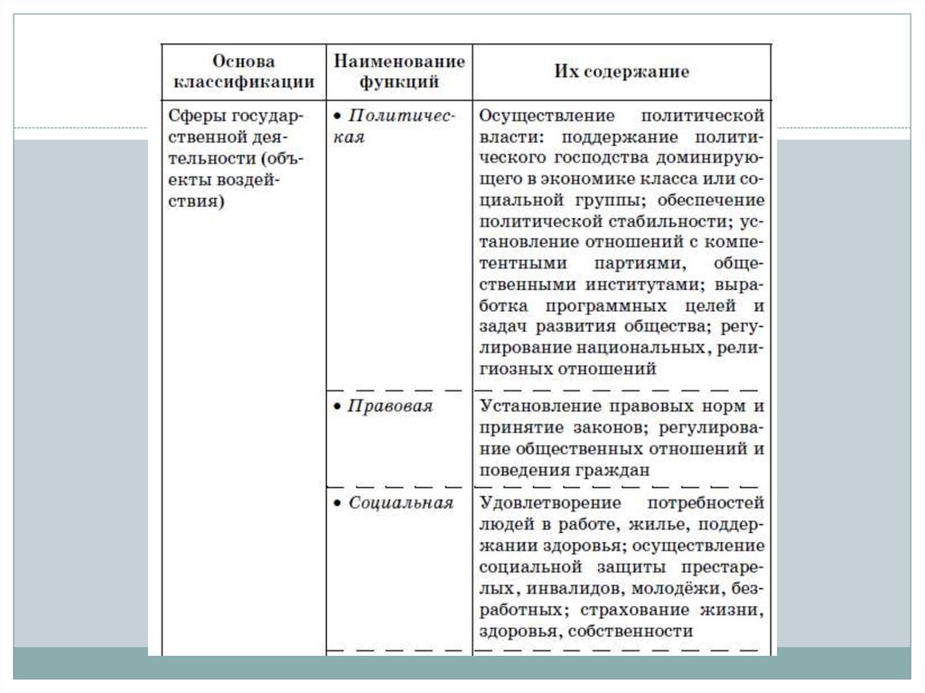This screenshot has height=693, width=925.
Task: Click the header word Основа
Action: point(244,61)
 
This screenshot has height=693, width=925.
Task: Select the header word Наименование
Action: point(399,61)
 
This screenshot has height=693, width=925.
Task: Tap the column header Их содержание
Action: point(621,71)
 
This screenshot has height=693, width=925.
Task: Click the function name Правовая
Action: point(390,407)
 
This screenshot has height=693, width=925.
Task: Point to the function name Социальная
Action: point(400,502)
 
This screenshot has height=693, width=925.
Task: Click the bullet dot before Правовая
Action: point(336,407)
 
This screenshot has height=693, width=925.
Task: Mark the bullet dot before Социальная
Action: point(336,503)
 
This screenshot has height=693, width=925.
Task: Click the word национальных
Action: point(645,347)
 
